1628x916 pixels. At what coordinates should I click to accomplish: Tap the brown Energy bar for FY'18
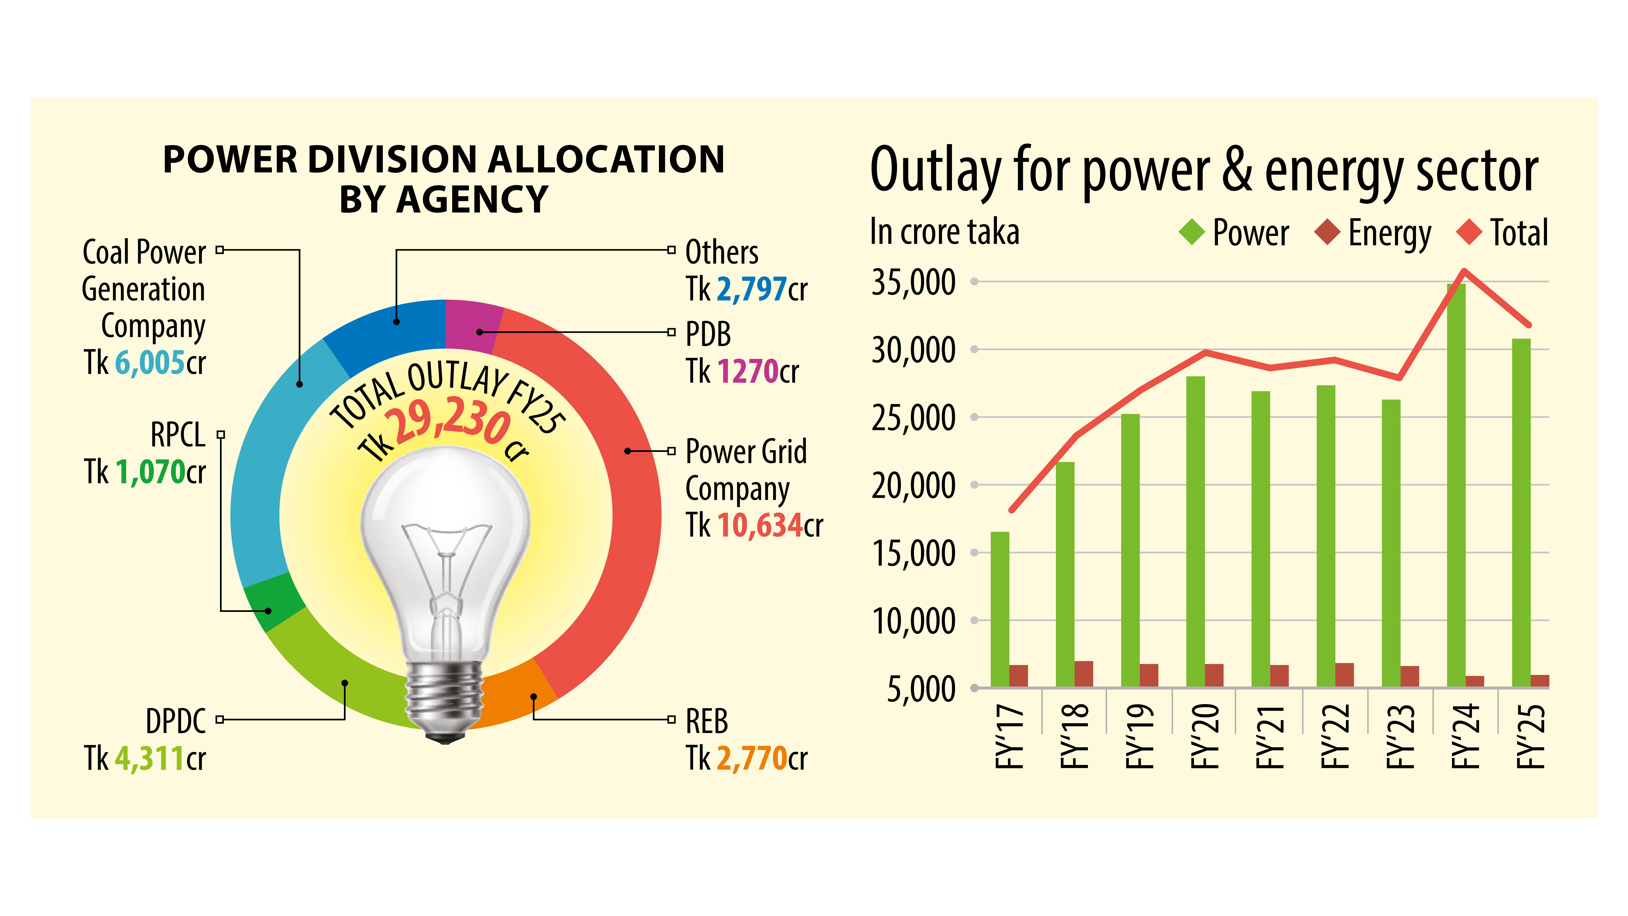tap(1083, 674)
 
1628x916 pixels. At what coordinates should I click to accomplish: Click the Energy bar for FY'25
tap(1539, 681)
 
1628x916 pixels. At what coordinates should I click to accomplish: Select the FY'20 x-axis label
tap(1205, 736)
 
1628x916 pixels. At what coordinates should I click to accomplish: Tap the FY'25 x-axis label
tap(1531, 736)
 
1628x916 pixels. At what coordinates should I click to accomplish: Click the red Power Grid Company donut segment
tap(632, 506)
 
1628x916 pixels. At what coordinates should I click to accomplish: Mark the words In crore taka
tap(944, 232)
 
